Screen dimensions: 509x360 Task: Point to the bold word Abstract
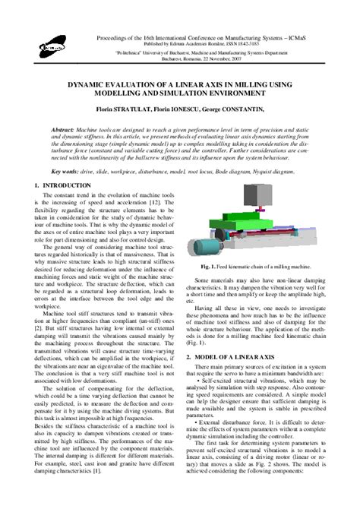pyautogui.click(x=63, y=130)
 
